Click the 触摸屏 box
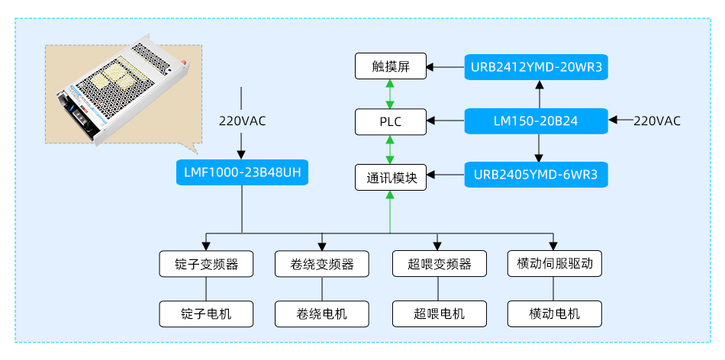tap(391, 66)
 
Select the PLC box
tap(391, 121)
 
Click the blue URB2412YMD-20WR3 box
tap(536, 66)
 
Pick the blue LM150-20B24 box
tap(536, 121)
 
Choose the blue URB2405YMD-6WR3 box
tap(536, 176)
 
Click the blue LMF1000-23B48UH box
tap(242, 172)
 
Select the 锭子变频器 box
tap(206, 264)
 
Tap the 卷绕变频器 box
tap(322, 264)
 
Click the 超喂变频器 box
tap(438, 264)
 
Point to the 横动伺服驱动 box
tap(555, 264)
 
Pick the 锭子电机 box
tap(206, 313)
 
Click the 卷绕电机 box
tap(322, 313)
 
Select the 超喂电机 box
tap(438, 313)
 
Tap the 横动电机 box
tap(555, 313)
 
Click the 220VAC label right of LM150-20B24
tap(657, 121)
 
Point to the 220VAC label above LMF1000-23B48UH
tap(243, 120)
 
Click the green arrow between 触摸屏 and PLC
tap(391, 93)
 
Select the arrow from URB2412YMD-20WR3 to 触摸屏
tap(446, 67)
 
